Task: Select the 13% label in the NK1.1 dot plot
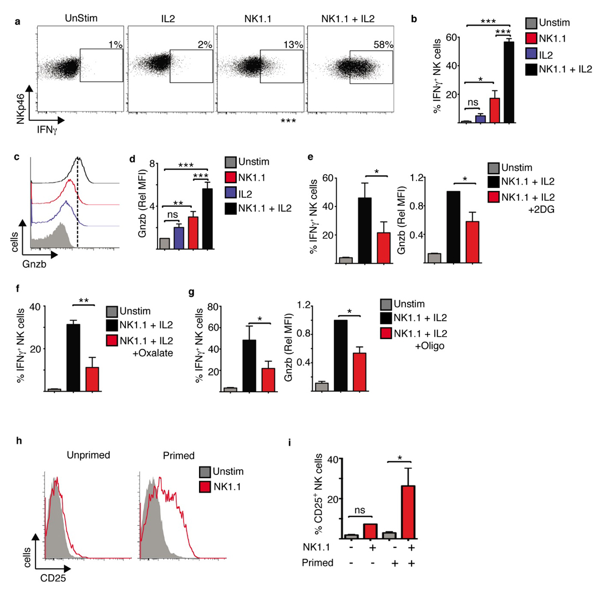[293, 44]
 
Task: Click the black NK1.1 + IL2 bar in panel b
[509, 81]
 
